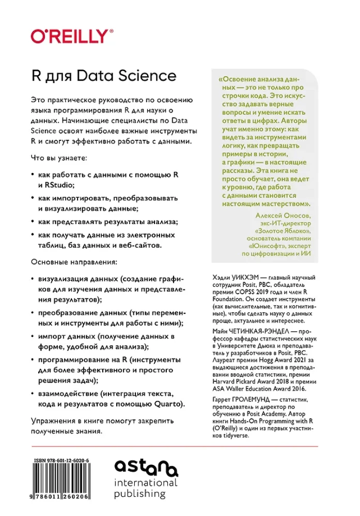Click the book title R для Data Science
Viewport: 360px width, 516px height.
[104, 76]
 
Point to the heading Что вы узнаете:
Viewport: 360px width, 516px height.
[59, 156]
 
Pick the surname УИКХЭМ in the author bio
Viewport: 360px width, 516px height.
[243, 278]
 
